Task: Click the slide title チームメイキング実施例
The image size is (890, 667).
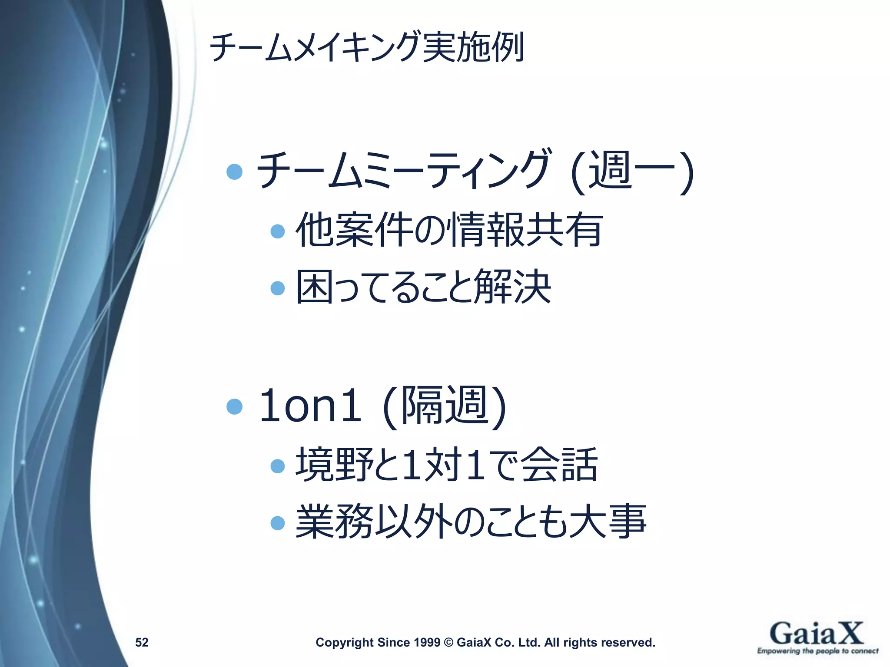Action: click(x=367, y=47)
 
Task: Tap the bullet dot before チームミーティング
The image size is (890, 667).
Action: click(x=235, y=172)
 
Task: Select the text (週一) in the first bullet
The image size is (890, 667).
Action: click(x=632, y=172)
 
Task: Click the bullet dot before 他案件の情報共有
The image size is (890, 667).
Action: click(x=277, y=231)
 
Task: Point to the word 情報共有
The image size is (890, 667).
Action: click(x=527, y=230)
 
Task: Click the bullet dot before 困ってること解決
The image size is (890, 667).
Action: click(x=277, y=288)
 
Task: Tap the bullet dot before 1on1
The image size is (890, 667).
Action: click(x=235, y=407)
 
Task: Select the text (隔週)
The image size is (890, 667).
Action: click(x=444, y=406)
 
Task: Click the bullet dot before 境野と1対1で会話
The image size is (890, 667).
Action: click(x=277, y=466)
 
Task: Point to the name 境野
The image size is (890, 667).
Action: click(x=335, y=465)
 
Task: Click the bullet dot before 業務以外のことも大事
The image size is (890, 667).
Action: click(x=277, y=523)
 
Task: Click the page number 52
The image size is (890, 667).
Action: click(x=142, y=642)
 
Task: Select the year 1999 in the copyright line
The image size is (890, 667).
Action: click(x=427, y=642)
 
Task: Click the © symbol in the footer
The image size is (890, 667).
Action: click(x=448, y=642)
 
